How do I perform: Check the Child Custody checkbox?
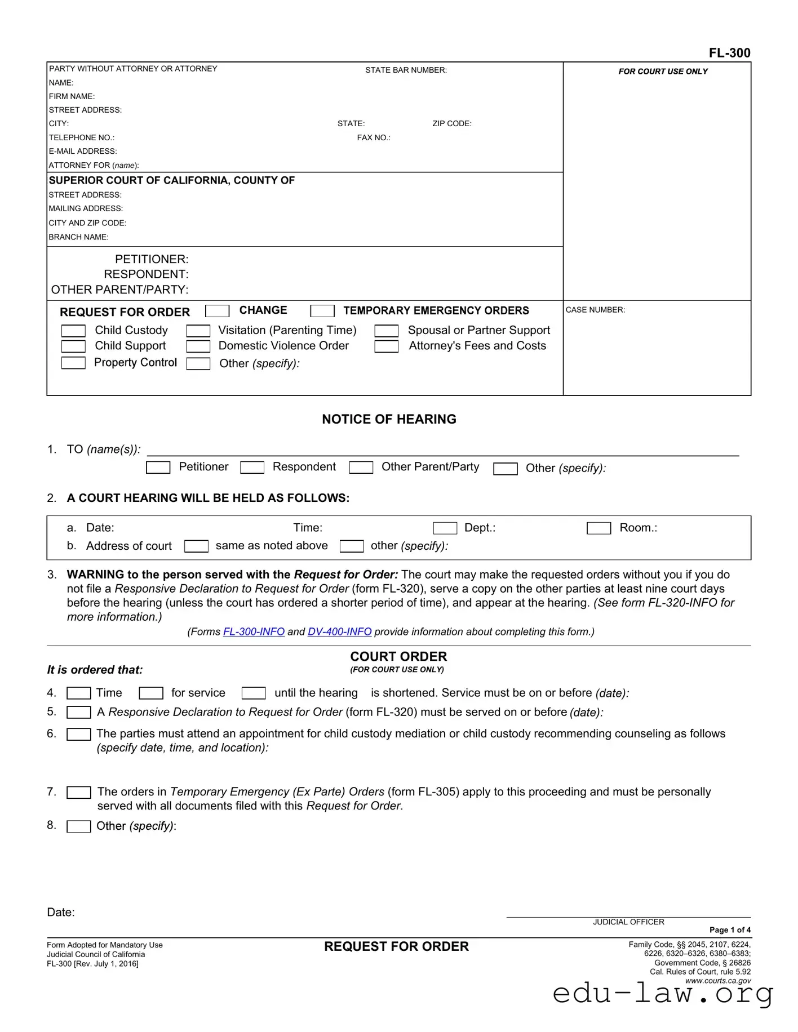pos(73,331)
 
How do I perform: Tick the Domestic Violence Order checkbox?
pos(198,346)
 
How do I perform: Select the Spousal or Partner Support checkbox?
pos(387,331)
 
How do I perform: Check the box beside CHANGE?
pos(218,311)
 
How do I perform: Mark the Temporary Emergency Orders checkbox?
pos(322,311)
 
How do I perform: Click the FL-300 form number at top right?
pos(729,53)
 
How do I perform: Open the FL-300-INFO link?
pos(254,631)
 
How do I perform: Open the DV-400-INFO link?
pos(339,631)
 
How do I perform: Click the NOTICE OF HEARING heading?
pos(389,419)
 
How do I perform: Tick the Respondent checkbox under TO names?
pos(252,468)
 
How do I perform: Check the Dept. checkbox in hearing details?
pos(445,528)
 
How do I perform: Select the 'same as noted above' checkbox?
pos(196,546)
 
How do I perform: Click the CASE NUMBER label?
pos(595,310)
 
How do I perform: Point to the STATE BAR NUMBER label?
pos(406,70)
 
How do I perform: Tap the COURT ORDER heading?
pos(398,656)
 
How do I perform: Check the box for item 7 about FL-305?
pos(79,793)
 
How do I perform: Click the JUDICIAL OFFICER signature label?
pos(628,922)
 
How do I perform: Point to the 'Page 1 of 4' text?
pos(730,930)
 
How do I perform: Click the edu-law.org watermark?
pos(663,993)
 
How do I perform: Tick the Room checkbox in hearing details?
pos(598,528)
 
